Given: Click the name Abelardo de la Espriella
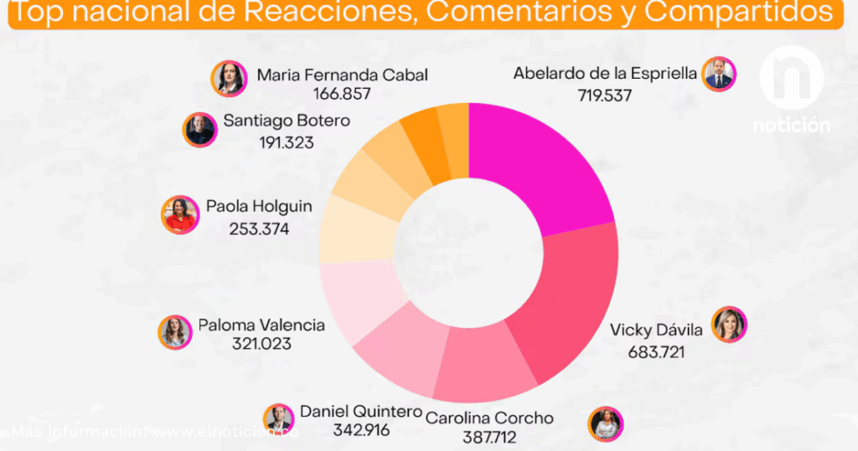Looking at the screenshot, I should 604,74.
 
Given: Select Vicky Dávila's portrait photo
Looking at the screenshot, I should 729,324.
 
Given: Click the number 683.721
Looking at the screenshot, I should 657,351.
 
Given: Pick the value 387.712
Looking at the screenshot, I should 489,437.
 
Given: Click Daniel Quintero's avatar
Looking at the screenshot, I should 278,418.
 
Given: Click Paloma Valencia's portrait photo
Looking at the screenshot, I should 175,332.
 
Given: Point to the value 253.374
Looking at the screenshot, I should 259,227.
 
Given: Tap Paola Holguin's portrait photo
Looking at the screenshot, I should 179,215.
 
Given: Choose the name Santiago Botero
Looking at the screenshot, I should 287,122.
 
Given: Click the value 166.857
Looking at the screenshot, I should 342,94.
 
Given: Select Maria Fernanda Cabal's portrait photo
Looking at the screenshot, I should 228,78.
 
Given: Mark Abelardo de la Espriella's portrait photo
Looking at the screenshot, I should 719,74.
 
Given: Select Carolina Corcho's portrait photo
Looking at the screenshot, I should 606,423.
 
